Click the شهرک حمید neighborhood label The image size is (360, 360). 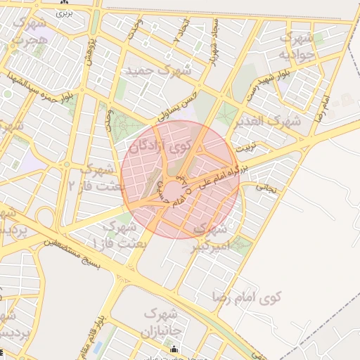click(x=158, y=71)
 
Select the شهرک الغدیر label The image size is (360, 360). click(x=268, y=121)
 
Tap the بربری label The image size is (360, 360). click(x=64, y=13)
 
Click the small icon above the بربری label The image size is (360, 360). click(x=64, y=4)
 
